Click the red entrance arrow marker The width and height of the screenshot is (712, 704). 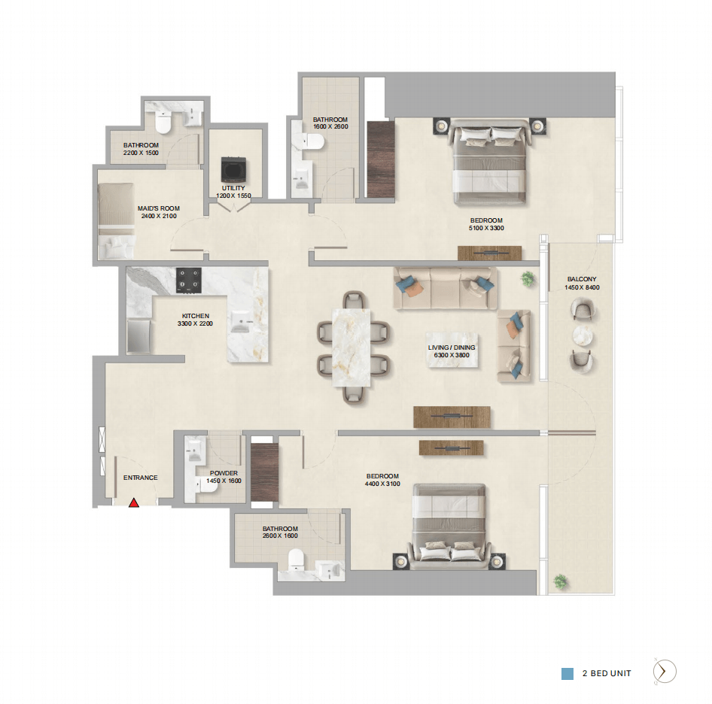click(x=133, y=502)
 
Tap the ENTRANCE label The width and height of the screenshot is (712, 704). click(x=140, y=478)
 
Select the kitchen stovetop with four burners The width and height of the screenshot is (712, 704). click(x=189, y=280)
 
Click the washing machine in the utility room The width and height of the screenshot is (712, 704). click(x=233, y=169)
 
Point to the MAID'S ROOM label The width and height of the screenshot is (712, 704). click(x=159, y=208)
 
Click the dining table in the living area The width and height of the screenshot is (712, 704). click(x=351, y=347)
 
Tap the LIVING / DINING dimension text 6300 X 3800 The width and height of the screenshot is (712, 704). click(x=452, y=356)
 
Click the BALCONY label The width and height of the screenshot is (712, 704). click(x=582, y=279)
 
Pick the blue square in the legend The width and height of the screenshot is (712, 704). click(x=567, y=674)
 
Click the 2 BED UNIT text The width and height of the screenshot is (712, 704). click(x=607, y=674)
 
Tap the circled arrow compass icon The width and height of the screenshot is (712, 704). click(x=665, y=671)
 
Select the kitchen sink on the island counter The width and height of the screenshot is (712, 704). click(x=241, y=321)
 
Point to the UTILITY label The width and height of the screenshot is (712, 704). click(x=233, y=188)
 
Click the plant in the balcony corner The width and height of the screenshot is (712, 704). click(x=560, y=581)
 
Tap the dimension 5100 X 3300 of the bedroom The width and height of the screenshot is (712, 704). click(x=486, y=228)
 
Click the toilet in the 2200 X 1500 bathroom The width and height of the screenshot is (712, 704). click(x=163, y=123)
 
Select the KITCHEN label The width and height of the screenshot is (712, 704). click(x=195, y=316)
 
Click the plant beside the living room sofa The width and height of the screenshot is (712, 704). click(x=528, y=279)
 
